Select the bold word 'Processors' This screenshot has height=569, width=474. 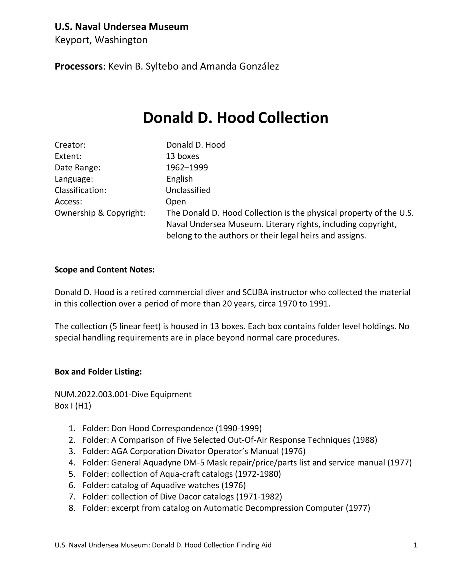coord(78,66)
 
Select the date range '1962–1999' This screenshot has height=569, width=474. coord(187,168)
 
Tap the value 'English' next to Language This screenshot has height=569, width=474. coord(180,179)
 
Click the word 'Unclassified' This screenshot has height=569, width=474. coord(188,190)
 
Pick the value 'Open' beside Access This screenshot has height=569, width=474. coord(176,202)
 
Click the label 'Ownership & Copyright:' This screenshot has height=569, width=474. coord(100,213)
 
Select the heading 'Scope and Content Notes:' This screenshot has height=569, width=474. coord(104,270)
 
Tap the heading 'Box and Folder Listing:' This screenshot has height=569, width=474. coord(98,372)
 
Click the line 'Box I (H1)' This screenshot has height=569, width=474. coord(73,406)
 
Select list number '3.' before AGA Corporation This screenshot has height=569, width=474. coord(72,451)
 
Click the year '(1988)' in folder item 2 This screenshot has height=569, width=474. coord(365,440)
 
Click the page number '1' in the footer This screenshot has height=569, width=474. coord(415,545)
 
